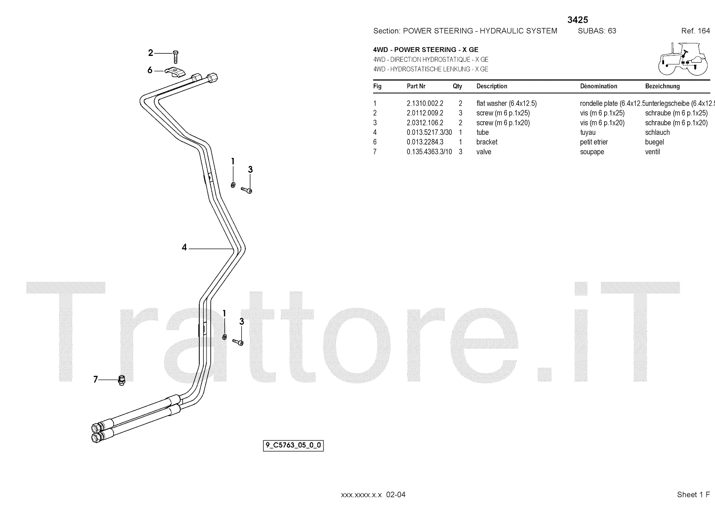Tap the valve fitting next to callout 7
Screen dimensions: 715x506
tap(121, 380)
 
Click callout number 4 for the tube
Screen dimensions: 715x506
tap(184, 247)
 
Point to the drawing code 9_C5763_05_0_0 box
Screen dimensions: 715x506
tap(294, 446)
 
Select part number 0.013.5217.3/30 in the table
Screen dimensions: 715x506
tap(429, 132)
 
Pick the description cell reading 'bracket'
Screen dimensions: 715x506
tap(487, 142)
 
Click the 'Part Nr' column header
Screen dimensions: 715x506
tap(416, 86)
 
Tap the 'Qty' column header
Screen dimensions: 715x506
tap(457, 86)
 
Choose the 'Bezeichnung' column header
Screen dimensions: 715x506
tap(662, 86)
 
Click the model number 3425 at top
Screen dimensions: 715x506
tap(577, 20)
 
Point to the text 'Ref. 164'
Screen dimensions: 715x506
tap(695, 31)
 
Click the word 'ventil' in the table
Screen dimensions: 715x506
tap(652, 152)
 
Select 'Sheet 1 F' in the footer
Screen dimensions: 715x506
tap(693, 494)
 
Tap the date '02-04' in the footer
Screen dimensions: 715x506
tap(396, 494)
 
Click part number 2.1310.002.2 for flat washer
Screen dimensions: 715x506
tap(425, 103)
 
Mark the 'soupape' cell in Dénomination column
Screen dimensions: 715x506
tap(592, 152)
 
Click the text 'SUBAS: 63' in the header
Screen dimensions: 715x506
tap(597, 31)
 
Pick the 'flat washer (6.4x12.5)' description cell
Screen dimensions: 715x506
tap(506, 103)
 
